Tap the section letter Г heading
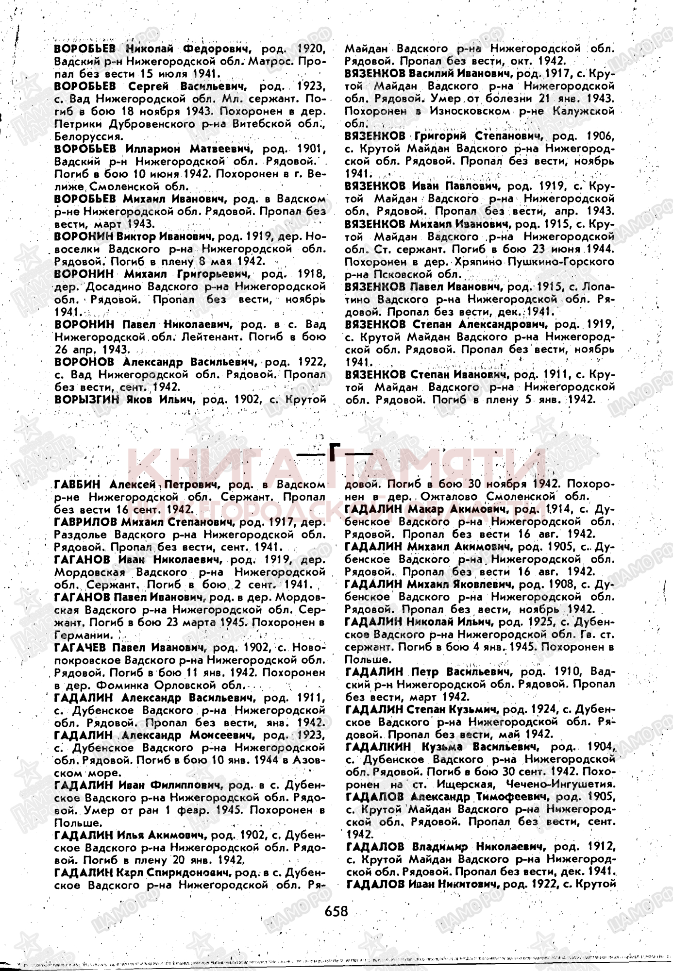coord(335,452)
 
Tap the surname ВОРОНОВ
coord(84,362)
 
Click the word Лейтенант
coord(238,337)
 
